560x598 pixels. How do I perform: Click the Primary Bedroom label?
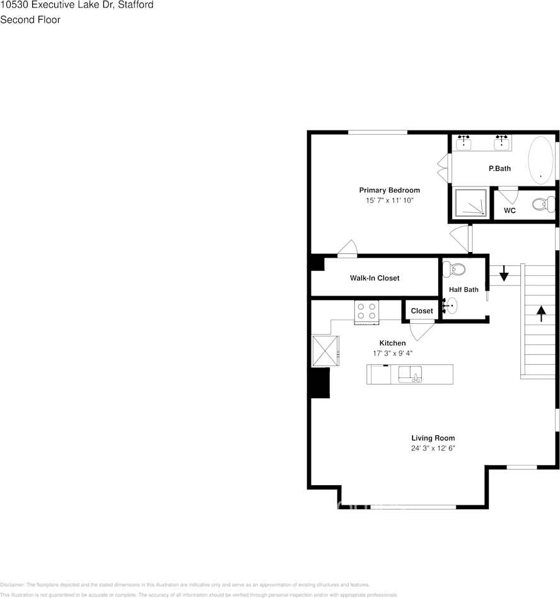point(389,190)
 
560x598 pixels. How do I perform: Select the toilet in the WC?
point(540,204)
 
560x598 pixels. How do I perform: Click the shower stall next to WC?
point(470,203)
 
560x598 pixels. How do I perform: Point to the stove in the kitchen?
point(366,311)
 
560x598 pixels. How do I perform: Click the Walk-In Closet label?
point(375,278)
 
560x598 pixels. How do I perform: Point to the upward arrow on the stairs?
point(540,313)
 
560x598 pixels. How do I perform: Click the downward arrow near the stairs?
point(504,274)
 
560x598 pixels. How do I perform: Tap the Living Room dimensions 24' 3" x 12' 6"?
point(433,449)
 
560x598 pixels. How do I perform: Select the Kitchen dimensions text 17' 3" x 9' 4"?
point(392,354)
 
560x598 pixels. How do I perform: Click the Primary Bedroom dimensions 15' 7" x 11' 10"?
point(389,200)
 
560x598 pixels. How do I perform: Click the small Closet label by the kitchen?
point(422,311)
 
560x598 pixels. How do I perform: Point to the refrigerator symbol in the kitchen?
point(325,350)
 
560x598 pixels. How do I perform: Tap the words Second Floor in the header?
point(30,20)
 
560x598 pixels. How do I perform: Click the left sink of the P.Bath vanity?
point(464,142)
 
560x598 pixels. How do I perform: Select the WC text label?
point(510,210)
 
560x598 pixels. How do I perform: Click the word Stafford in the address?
point(136,4)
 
